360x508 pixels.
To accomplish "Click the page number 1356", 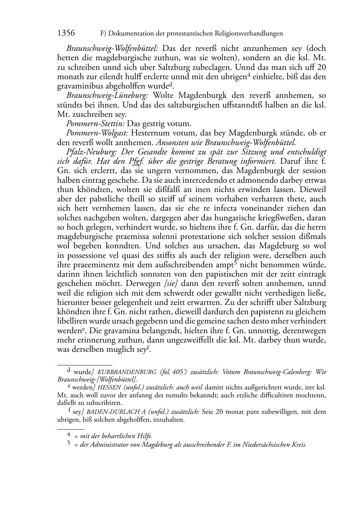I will (x=66, y=33).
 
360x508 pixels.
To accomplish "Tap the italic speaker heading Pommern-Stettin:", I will (x=96, y=124).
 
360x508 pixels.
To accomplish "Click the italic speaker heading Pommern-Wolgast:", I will (x=97, y=133).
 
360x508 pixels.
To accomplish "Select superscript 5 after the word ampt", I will (x=235, y=263).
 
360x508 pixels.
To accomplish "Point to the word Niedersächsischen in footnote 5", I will (x=266, y=445).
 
